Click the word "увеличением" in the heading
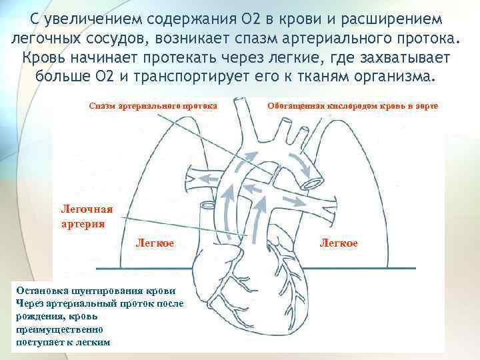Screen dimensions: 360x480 (x=89, y=15)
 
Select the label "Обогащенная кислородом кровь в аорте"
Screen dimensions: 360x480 (x=353, y=106)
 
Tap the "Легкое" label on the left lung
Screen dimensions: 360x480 (x=155, y=243)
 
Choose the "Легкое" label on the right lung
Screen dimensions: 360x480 (x=339, y=243)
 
